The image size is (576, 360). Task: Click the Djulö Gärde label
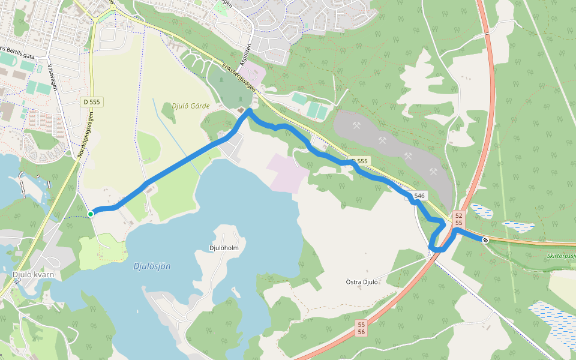tap(191, 106)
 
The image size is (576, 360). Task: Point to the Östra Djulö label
tap(362, 281)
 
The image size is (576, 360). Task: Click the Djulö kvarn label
tap(33, 275)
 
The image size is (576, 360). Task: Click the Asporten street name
tap(243, 54)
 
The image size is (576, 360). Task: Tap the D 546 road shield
tap(418, 196)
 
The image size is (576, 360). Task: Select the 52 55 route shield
tap(458, 219)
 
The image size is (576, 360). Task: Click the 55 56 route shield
tap(361, 328)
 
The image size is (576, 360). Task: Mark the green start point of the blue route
tap(91, 214)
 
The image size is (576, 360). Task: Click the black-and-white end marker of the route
tap(485, 240)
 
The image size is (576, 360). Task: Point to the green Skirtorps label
tap(560, 255)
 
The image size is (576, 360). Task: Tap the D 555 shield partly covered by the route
tap(360, 161)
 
